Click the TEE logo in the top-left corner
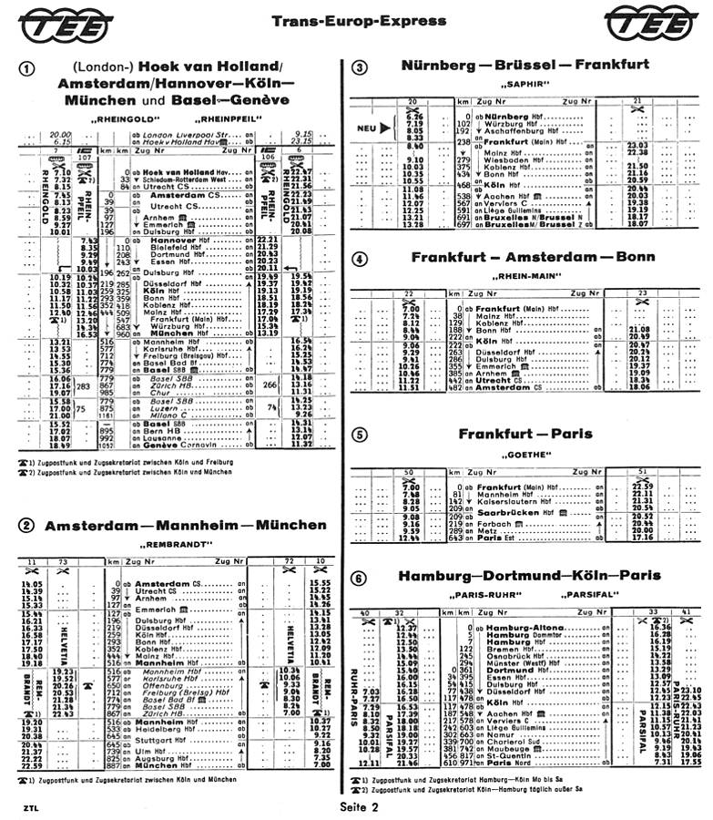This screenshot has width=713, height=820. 60,25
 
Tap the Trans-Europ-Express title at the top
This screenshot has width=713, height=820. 355,20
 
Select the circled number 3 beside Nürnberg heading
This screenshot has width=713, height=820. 361,67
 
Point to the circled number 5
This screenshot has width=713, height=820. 361,435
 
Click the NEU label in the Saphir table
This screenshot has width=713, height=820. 367,128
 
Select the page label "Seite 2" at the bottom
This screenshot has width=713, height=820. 356,807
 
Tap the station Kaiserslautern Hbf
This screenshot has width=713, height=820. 511,501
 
